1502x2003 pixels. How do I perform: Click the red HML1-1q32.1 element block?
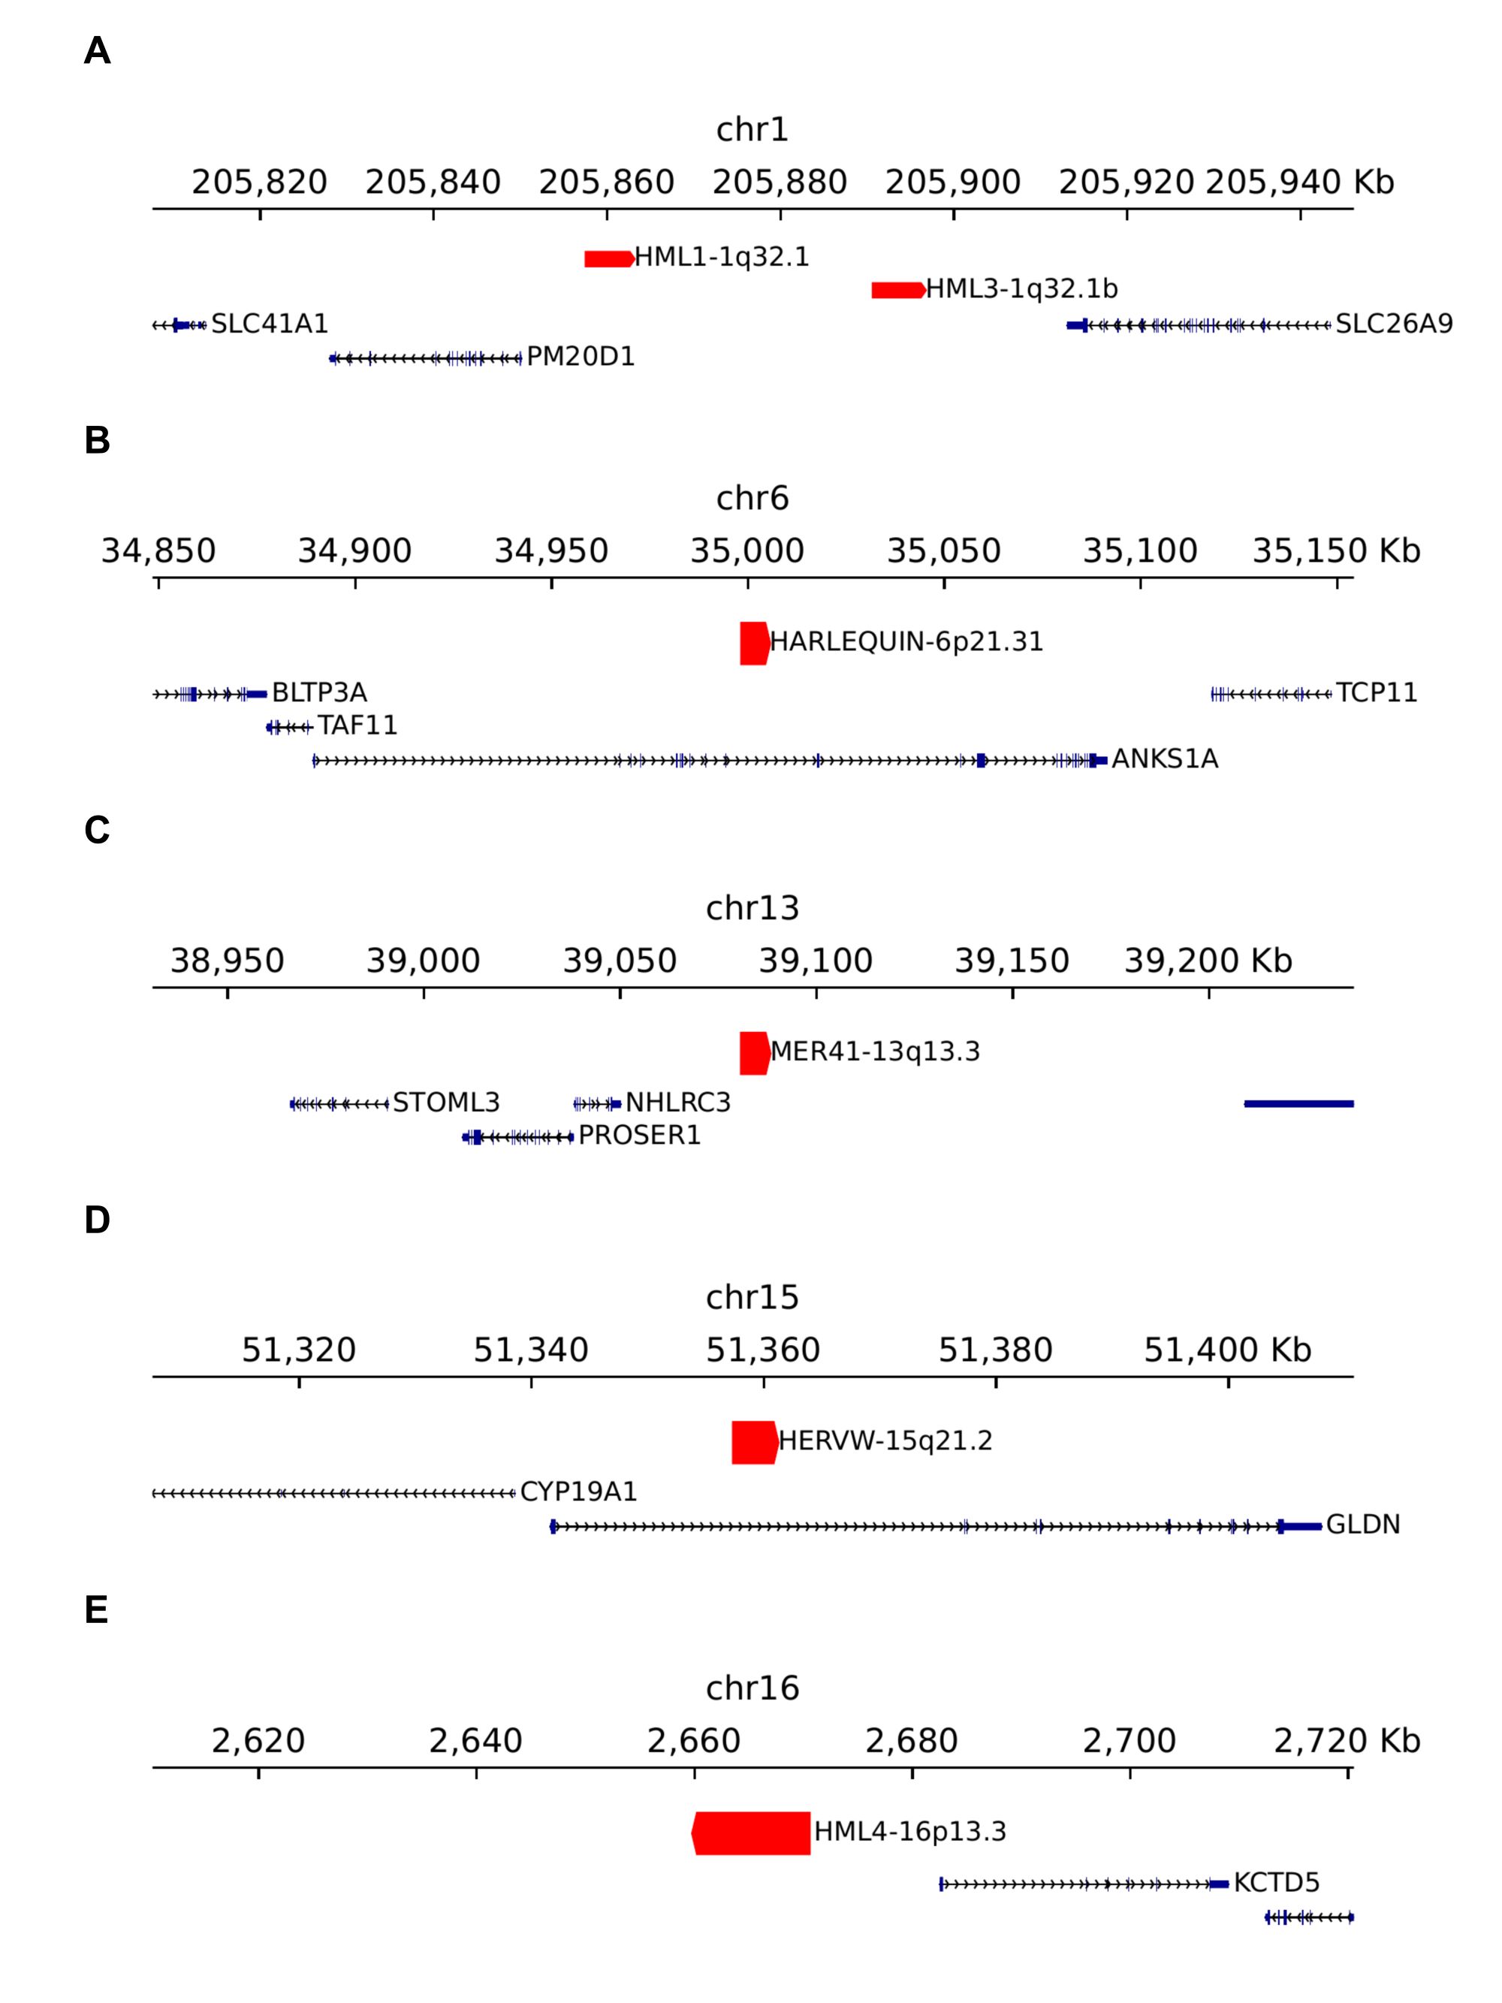[608, 259]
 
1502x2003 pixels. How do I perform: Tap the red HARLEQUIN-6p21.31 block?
[754, 643]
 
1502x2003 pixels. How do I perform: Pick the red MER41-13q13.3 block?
[754, 1053]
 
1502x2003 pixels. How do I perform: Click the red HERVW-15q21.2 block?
[754, 1443]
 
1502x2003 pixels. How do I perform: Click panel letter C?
[97, 831]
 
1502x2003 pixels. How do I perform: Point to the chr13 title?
[752, 908]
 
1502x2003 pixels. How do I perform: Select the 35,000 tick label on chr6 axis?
[747, 551]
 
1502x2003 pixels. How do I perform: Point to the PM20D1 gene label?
[581, 357]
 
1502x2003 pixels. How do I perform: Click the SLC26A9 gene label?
[1393, 324]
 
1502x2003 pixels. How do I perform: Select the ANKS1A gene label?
[1164, 760]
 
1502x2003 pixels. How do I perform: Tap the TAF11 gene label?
[357, 726]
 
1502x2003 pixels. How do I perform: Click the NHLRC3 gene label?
[677, 1103]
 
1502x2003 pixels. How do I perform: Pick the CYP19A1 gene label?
[578, 1492]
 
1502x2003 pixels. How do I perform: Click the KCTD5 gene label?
[1276, 1884]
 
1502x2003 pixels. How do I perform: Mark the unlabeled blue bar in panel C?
[1298, 1104]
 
